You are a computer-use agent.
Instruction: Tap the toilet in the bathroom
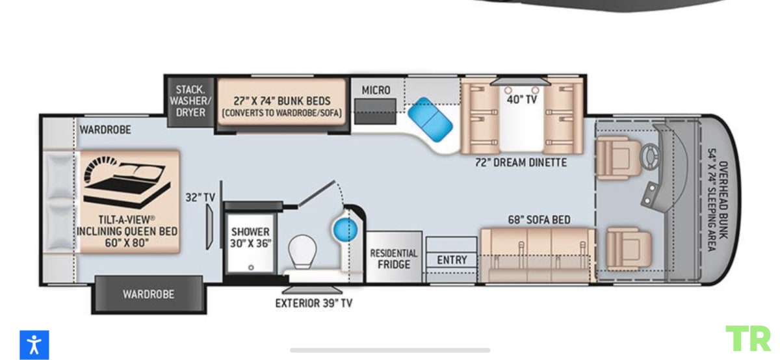pyautogui.click(x=302, y=251)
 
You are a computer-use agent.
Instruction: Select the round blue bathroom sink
pyautogui.click(x=345, y=230)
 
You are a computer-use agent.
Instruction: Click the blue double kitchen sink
pyautogui.click(x=430, y=120)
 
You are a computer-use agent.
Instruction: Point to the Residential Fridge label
pyautogui.click(x=394, y=259)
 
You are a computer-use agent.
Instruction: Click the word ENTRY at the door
pyautogui.click(x=452, y=260)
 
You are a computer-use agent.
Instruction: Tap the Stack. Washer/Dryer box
pyautogui.click(x=190, y=101)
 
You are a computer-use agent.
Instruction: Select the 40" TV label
pyautogui.click(x=521, y=99)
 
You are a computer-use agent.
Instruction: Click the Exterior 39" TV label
pyautogui.click(x=314, y=303)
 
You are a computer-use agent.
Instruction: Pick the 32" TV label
pyautogui.click(x=200, y=198)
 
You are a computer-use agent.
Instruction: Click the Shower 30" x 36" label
pyautogui.click(x=250, y=237)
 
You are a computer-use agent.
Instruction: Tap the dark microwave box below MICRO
pyautogui.click(x=376, y=111)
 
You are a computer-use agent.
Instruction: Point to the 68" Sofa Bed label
pyautogui.click(x=539, y=220)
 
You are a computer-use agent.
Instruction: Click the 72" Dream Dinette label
pyautogui.click(x=521, y=162)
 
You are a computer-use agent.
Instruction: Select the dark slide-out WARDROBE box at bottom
pyautogui.click(x=149, y=294)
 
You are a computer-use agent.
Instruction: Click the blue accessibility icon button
pyautogui.click(x=34, y=344)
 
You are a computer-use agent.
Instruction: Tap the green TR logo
pyautogui.click(x=748, y=339)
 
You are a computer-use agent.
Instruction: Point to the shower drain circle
pyautogui.click(x=251, y=267)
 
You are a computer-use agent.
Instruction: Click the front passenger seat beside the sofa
pyautogui.click(x=628, y=249)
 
